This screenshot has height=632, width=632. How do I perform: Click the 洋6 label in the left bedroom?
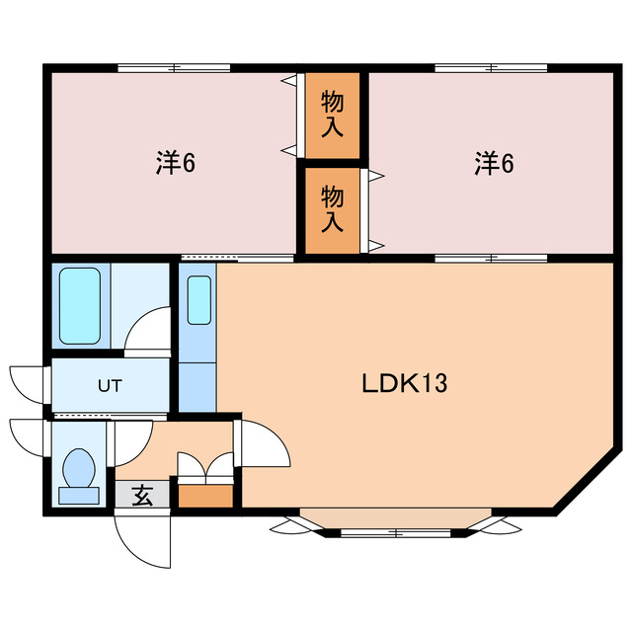click(x=175, y=163)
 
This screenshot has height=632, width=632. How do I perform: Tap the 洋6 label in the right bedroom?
click(x=494, y=163)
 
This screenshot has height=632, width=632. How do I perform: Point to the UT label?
click(x=109, y=386)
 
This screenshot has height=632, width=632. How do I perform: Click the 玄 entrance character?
click(x=142, y=496)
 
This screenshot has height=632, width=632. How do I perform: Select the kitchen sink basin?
click(x=198, y=301)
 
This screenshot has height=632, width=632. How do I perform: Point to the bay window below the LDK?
click(x=395, y=523)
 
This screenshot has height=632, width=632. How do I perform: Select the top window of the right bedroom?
click(x=491, y=68)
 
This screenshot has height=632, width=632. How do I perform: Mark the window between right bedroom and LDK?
click(x=491, y=258)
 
